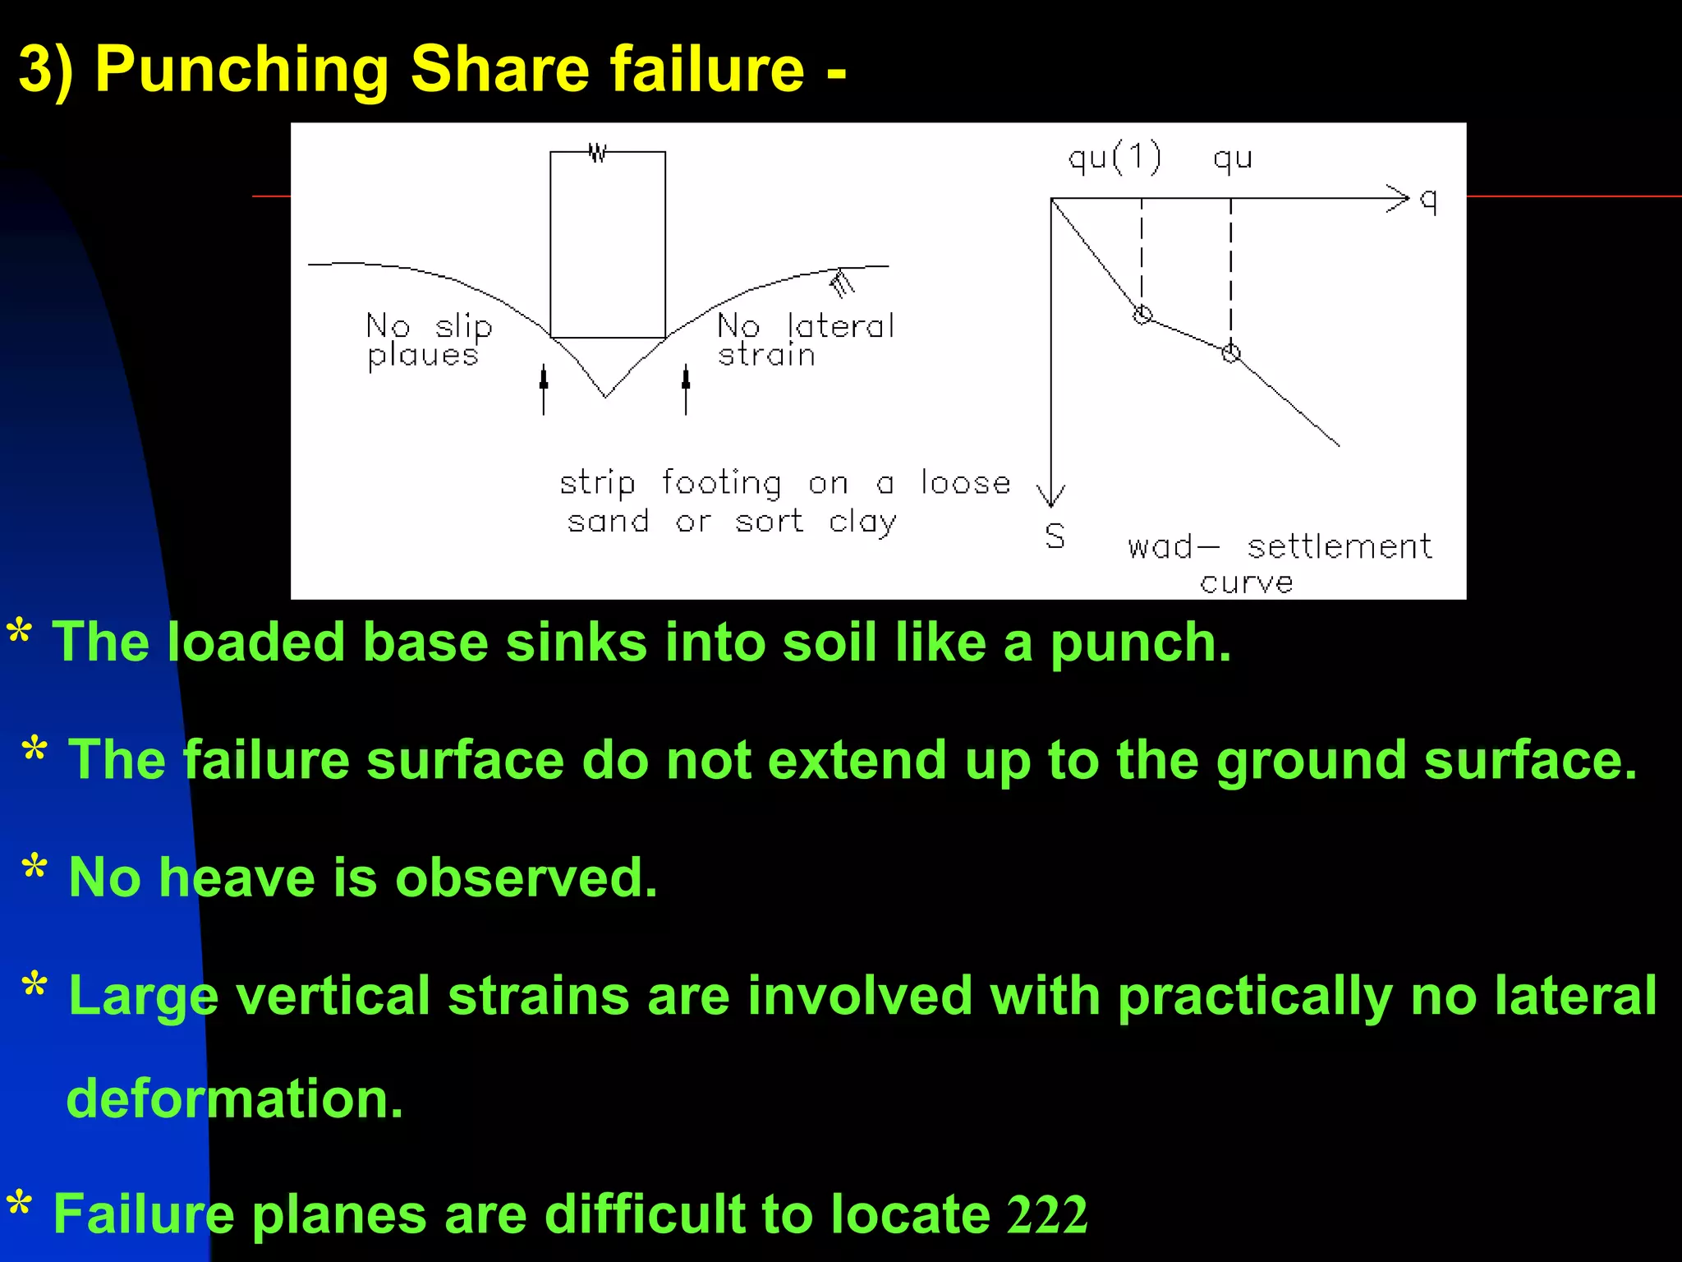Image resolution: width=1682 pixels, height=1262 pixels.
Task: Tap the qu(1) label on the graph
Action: (x=1114, y=157)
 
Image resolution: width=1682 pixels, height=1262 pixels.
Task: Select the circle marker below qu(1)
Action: (x=1142, y=315)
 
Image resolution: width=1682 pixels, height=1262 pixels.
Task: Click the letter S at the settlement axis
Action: (x=1055, y=537)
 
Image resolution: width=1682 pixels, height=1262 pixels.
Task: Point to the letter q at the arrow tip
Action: (x=1429, y=200)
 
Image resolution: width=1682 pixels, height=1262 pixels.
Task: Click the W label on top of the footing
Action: (x=598, y=152)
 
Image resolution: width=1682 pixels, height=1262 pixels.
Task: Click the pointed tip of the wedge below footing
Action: (x=606, y=396)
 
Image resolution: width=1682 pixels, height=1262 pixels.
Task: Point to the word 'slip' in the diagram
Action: (x=463, y=327)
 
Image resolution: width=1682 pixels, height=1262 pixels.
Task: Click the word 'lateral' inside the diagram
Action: (x=840, y=326)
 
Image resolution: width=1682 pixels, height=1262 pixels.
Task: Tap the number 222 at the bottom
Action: (x=1047, y=1214)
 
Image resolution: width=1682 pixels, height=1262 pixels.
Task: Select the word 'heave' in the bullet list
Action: (x=237, y=877)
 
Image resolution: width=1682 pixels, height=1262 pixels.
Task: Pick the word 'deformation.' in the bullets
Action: (x=235, y=1098)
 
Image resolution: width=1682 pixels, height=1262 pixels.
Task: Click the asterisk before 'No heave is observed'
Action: (x=34, y=868)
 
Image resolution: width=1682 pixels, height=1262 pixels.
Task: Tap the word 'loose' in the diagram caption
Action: (x=965, y=482)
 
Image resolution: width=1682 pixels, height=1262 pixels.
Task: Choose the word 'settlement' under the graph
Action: (x=1339, y=546)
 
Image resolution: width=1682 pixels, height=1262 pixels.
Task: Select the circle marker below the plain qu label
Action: (x=1230, y=353)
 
